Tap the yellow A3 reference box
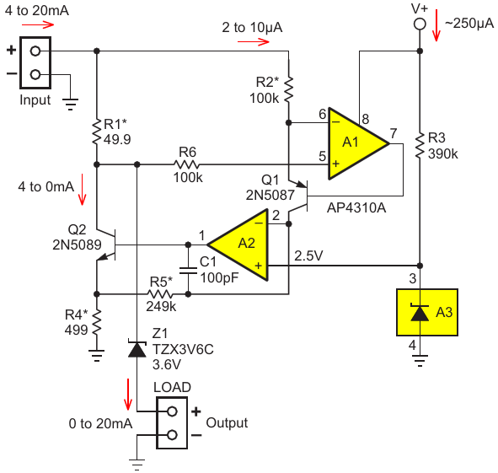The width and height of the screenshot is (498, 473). click(x=427, y=312)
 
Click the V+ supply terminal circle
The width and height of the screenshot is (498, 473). click(x=420, y=24)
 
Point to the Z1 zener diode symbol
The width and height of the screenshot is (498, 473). click(x=137, y=349)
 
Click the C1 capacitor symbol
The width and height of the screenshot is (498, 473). click(x=188, y=271)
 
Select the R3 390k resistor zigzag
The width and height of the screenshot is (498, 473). click(x=420, y=146)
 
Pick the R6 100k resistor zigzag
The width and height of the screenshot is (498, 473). click(x=187, y=164)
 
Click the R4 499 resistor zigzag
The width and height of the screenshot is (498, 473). click(x=97, y=322)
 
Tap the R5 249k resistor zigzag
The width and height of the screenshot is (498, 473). click(x=160, y=294)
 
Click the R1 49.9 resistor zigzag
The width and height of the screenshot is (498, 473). click(x=97, y=132)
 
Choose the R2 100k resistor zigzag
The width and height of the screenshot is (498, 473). click(x=288, y=89)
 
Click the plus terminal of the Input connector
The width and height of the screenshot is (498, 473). click(x=35, y=51)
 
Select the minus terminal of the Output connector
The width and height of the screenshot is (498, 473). click(x=172, y=434)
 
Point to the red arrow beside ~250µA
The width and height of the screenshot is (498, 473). click(x=436, y=25)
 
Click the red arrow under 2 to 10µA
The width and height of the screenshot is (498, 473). click(x=254, y=41)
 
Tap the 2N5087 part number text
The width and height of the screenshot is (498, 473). click(x=270, y=195)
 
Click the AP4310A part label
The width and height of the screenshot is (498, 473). click(x=356, y=208)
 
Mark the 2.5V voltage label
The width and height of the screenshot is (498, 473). click(x=308, y=255)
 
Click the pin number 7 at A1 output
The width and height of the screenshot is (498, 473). click(x=394, y=133)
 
